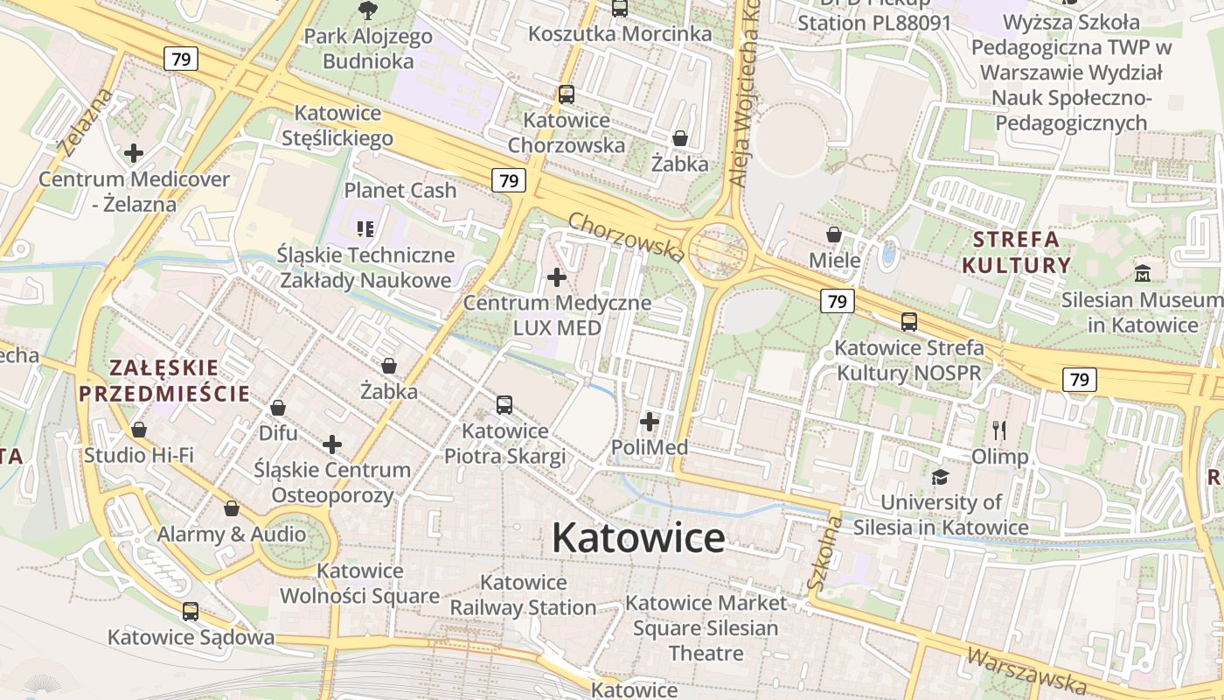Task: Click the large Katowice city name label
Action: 638,537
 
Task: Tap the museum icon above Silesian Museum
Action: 1142,273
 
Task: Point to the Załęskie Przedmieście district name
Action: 164,380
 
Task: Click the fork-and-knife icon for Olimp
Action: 1000,430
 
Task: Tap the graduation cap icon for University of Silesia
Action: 940,476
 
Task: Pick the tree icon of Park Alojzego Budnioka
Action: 367,10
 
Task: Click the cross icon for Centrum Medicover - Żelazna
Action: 134,153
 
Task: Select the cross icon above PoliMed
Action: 650,422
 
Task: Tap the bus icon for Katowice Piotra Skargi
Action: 504,404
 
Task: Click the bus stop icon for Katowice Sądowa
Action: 190,611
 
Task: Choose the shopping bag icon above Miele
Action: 834,234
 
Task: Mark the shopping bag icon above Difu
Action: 278,408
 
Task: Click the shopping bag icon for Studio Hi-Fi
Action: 139,430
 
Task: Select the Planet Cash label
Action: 400,190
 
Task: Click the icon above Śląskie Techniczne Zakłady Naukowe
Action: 365,229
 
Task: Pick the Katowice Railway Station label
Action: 523,595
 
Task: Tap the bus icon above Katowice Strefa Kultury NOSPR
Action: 909,321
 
